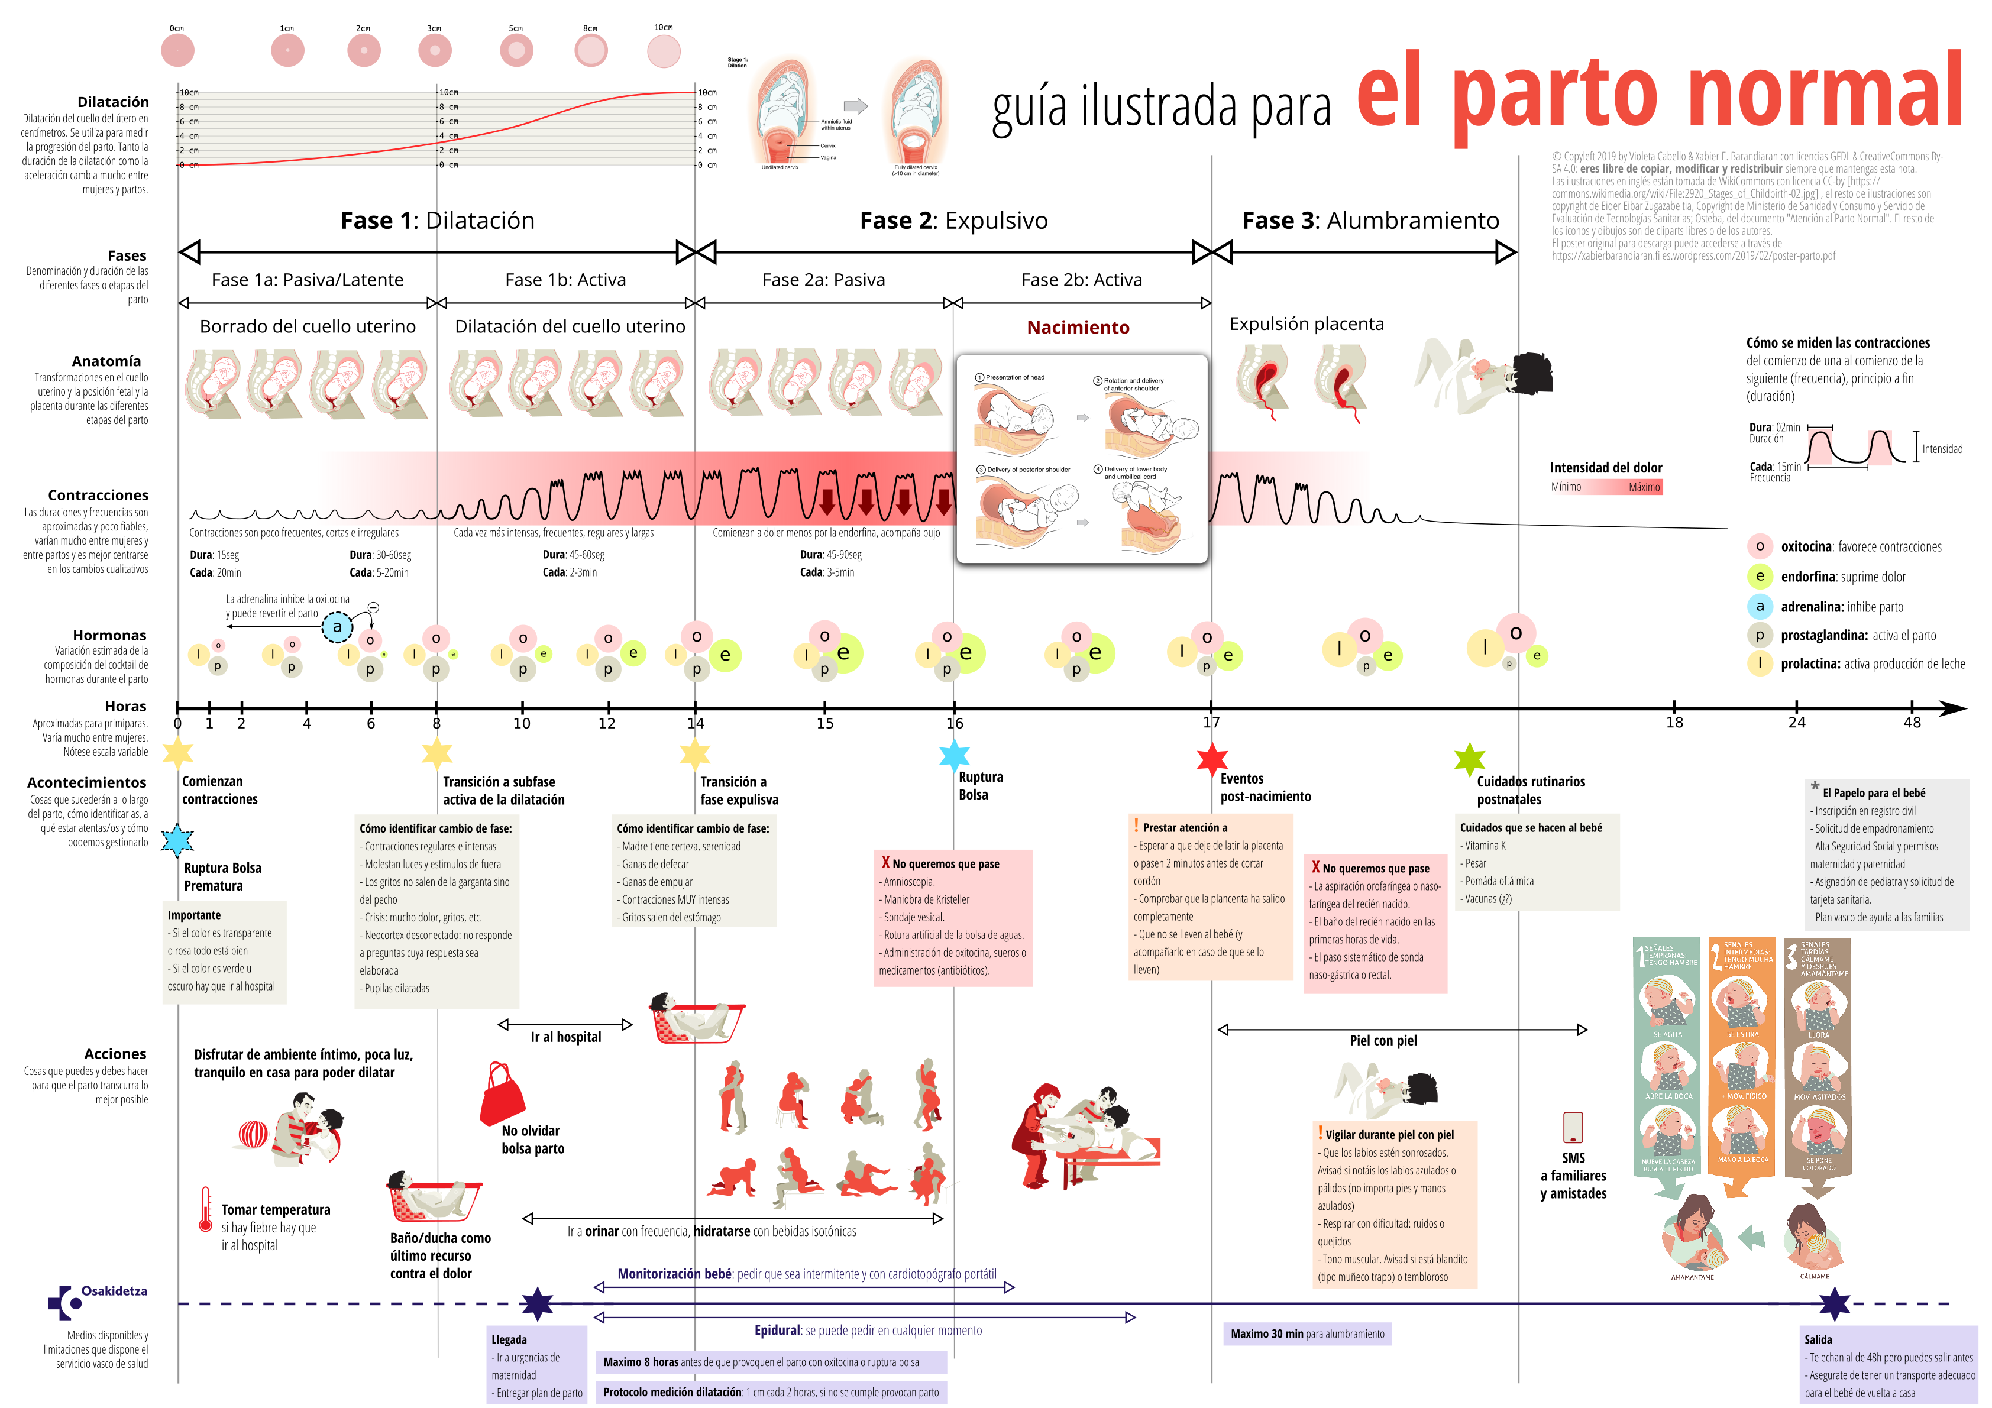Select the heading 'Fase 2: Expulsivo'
(953, 221)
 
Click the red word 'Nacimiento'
(1078, 327)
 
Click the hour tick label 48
(1912, 723)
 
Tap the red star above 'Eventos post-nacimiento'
(1211, 759)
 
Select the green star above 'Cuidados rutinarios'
(1469, 760)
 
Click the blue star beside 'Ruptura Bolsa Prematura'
(178, 840)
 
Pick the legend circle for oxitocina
(1758, 546)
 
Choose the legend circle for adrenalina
(1758, 606)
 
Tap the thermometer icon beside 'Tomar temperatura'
(205, 1209)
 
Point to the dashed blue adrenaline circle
(338, 626)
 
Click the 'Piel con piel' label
(1383, 1040)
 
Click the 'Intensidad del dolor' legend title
(1606, 468)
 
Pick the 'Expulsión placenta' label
(1307, 323)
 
